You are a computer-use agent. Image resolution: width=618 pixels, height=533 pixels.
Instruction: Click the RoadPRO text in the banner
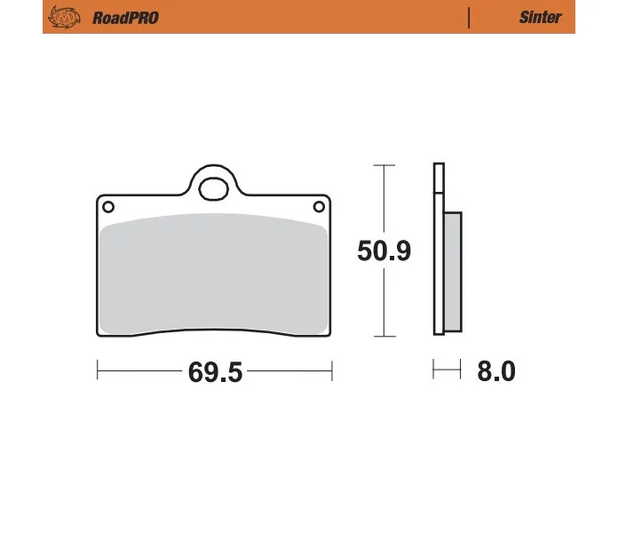(x=125, y=18)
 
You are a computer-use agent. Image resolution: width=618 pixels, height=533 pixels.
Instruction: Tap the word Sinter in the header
(x=540, y=18)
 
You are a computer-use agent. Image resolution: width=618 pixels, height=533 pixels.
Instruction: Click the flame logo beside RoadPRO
(x=64, y=17)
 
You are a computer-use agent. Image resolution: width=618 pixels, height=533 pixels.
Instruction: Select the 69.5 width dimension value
(x=215, y=371)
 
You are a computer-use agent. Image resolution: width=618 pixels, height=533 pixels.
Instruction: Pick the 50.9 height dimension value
(x=384, y=251)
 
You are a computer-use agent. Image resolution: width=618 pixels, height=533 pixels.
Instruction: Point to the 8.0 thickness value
(x=496, y=371)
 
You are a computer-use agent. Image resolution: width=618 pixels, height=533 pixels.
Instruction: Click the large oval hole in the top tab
(x=214, y=189)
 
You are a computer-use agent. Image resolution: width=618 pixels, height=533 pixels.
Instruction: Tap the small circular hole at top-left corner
(x=108, y=207)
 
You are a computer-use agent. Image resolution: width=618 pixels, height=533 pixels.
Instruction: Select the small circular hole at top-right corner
(x=319, y=206)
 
